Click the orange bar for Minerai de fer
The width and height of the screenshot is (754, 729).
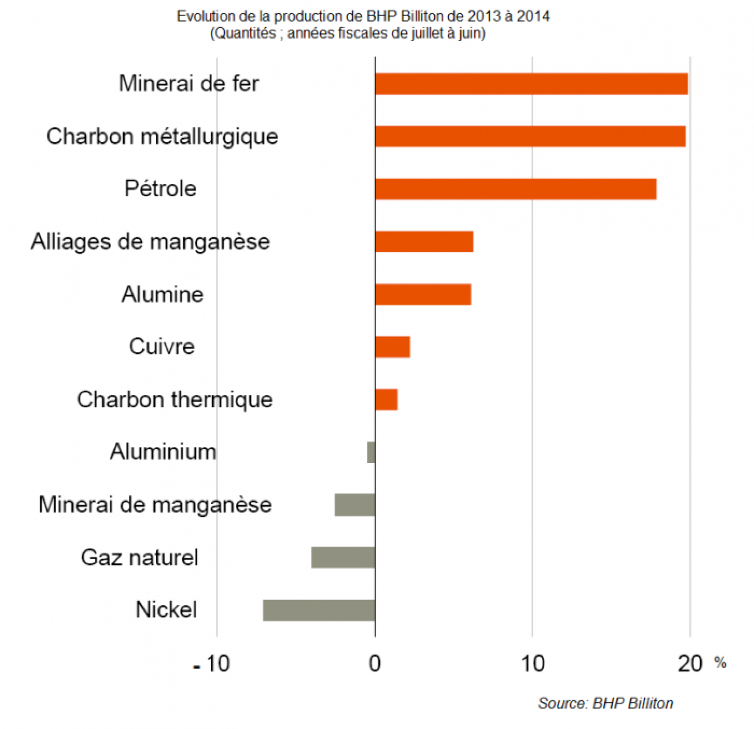click(x=531, y=84)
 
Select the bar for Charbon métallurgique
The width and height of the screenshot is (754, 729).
click(x=530, y=136)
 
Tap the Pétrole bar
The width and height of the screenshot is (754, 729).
click(x=515, y=189)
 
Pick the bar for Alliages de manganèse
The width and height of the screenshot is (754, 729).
click(x=424, y=242)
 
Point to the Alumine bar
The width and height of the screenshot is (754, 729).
click(x=423, y=294)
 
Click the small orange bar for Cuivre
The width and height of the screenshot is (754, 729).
click(x=392, y=347)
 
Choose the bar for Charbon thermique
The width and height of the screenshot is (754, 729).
click(x=386, y=399)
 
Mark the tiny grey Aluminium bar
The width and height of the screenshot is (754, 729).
click(x=371, y=452)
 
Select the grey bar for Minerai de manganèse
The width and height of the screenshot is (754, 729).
click(x=354, y=505)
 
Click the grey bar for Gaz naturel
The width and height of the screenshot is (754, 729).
click(x=343, y=557)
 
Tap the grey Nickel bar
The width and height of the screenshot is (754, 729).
click(x=319, y=610)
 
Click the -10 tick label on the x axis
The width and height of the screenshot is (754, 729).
click(x=212, y=664)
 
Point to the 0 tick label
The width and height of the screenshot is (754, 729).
click(x=375, y=664)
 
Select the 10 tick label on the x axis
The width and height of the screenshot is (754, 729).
click(x=533, y=664)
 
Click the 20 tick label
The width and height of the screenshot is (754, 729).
click(x=690, y=664)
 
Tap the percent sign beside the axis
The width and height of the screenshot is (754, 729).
click(x=720, y=663)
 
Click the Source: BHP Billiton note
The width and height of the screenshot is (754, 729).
click(x=605, y=703)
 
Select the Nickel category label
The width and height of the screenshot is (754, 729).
click(x=167, y=609)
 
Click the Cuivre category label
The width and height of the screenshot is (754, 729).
click(x=162, y=346)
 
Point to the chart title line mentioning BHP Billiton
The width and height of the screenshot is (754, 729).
click(x=363, y=16)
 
